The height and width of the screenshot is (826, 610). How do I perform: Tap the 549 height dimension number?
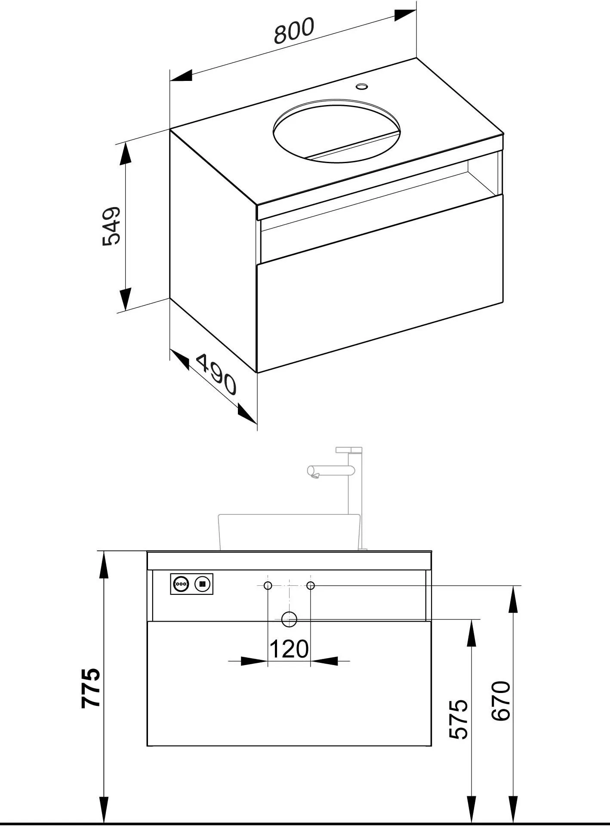coord(111,226)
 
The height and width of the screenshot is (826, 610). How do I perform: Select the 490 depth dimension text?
coord(217,374)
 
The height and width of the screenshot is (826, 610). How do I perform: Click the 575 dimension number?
coord(459,719)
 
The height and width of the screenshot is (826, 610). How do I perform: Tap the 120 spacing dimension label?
coord(289,649)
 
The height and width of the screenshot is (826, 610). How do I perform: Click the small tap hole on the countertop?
coord(362,87)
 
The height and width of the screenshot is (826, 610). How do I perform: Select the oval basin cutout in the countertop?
coord(336,131)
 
